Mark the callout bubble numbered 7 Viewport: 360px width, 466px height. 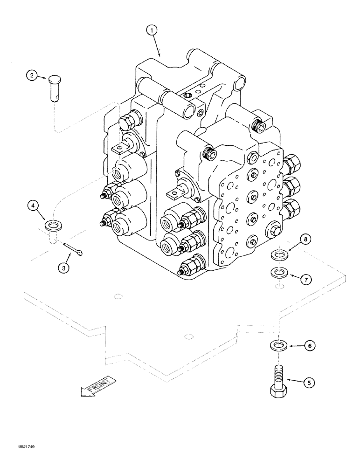click(x=305, y=280)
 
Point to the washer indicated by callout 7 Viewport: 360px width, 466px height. click(x=278, y=271)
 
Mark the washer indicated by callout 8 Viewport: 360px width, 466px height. click(x=278, y=255)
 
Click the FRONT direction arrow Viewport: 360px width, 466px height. click(x=98, y=386)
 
